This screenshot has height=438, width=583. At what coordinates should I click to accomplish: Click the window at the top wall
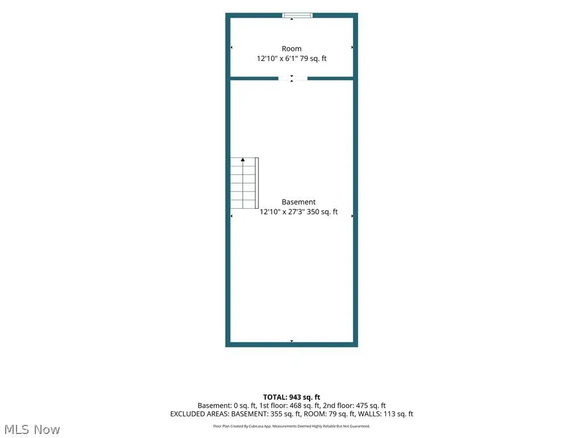click(297, 15)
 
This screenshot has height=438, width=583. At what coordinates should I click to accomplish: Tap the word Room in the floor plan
click(291, 49)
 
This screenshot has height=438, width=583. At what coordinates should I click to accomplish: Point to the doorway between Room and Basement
click(293, 78)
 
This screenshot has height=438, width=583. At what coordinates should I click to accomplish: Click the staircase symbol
click(244, 183)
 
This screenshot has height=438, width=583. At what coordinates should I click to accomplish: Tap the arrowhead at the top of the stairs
click(243, 160)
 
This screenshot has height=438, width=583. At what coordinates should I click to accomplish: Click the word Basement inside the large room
click(298, 202)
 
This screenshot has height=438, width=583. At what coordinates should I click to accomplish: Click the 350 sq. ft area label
click(322, 212)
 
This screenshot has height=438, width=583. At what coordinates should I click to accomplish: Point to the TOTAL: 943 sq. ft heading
click(291, 397)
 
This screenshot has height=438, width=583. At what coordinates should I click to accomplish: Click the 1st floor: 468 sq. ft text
click(289, 405)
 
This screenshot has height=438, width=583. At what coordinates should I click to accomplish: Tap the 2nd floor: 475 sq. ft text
click(354, 405)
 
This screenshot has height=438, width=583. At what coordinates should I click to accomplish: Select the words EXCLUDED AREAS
click(199, 414)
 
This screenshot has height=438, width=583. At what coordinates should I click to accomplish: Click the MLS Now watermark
click(32, 429)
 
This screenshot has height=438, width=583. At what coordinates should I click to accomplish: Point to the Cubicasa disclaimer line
click(291, 426)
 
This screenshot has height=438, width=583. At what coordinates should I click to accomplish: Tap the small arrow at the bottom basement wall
click(292, 341)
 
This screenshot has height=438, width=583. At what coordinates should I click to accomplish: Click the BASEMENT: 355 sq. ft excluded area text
click(266, 414)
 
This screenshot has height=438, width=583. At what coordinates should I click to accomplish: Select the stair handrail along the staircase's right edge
click(257, 183)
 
